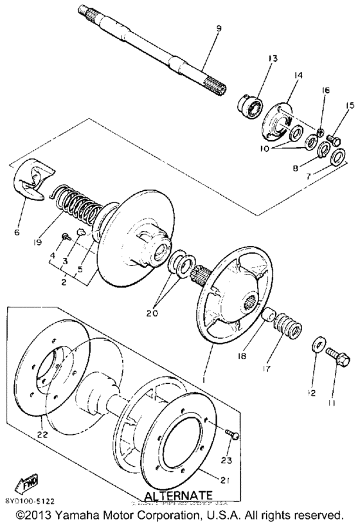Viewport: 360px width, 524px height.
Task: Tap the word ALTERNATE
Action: pyautogui.click(x=177, y=495)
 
